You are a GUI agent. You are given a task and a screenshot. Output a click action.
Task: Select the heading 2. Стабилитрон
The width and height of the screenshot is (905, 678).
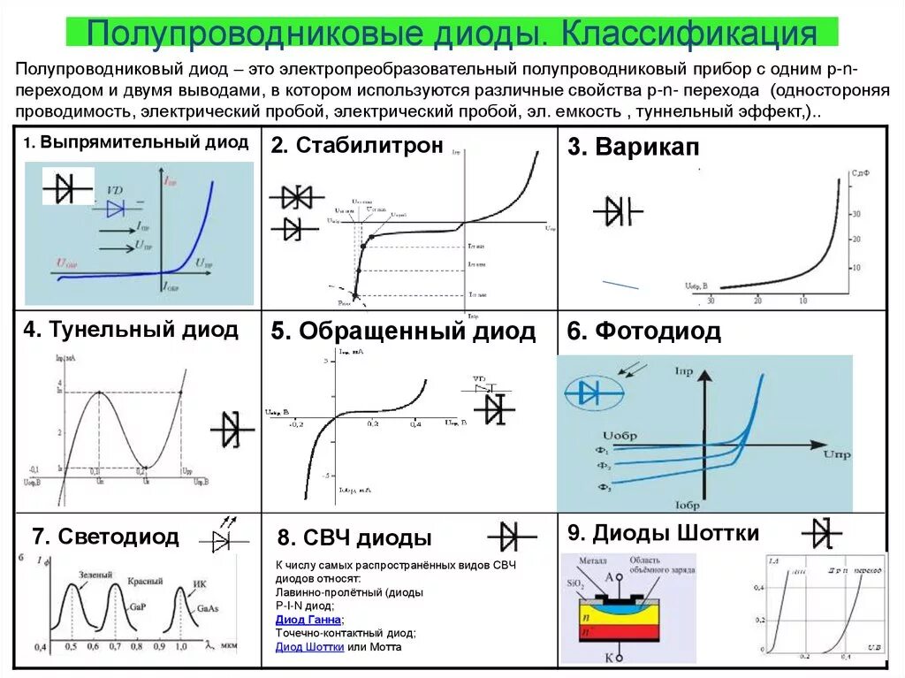tap(357, 146)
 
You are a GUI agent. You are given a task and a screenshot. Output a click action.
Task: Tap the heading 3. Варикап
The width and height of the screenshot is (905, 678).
tap(633, 148)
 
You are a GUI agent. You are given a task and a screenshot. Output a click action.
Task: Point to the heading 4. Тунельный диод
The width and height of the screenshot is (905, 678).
tap(131, 331)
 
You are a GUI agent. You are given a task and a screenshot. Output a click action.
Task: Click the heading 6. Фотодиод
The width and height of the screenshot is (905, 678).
tap(643, 331)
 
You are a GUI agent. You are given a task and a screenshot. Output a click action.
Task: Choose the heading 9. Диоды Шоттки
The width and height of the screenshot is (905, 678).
tap(663, 533)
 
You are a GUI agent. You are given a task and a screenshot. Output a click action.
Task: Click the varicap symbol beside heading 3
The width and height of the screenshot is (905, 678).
tap(618, 211)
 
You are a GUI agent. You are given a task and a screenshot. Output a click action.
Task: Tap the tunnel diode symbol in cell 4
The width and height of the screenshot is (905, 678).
tap(232, 430)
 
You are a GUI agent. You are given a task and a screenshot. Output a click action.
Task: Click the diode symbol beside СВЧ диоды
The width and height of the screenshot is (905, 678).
tap(512, 536)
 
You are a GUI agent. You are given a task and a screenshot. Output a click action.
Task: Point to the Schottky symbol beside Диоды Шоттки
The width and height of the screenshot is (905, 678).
tap(823, 534)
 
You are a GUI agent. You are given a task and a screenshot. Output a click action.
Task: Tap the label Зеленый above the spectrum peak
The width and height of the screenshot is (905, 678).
tap(95, 575)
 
